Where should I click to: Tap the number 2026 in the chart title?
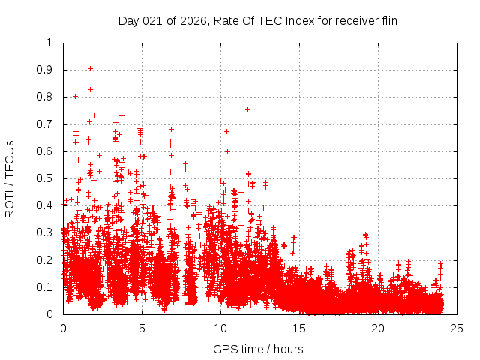click(190, 20)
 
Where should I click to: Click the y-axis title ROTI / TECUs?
click(10, 178)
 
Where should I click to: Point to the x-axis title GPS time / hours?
click(258, 349)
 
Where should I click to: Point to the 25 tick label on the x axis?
click(457, 328)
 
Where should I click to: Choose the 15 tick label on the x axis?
click(299, 328)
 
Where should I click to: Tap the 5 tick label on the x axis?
click(142, 328)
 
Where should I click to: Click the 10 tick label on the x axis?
click(220, 328)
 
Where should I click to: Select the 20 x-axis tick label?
click(378, 328)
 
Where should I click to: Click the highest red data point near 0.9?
click(90, 68)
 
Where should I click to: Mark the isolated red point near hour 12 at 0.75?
click(247, 109)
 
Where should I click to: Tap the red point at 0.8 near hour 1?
click(75, 96)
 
